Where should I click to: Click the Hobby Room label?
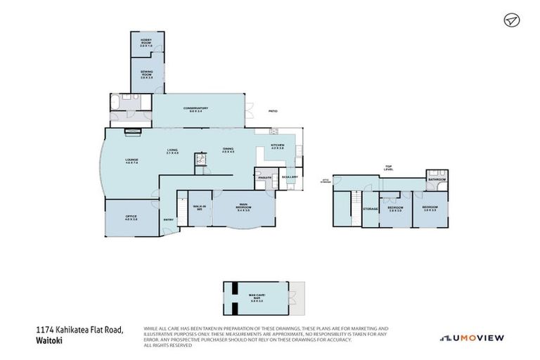coord(146,41)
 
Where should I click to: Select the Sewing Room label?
coord(146,73)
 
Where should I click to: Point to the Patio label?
coord(271,111)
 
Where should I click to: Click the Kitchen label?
coord(277,146)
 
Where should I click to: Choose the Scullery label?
coord(290,176)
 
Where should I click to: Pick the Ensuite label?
coord(265,177)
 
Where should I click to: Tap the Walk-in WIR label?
coord(199,207)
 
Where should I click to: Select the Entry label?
coord(168,219)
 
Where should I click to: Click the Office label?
coord(131,217)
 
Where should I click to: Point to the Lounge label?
coord(131,161)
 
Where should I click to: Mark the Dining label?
coord(228,150)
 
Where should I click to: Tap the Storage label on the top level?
coord(371,209)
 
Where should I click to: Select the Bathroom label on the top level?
coord(437,179)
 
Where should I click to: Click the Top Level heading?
coord(387,167)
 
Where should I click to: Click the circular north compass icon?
coord(510,20)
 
